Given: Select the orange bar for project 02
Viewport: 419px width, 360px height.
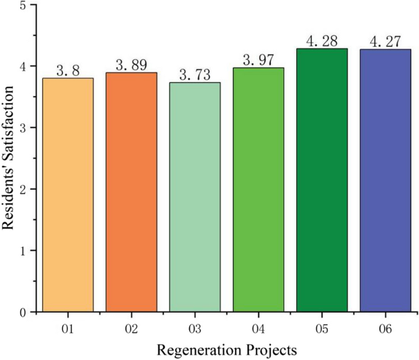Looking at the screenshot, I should click(x=131, y=192).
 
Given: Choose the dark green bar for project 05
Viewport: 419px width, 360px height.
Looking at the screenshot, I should click(x=322, y=180).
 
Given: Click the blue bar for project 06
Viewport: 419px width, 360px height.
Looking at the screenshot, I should click(x=385, y=181).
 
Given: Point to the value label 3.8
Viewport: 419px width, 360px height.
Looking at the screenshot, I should click(x=67, y=70).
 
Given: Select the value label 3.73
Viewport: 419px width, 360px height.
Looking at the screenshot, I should click(x=195, y=75).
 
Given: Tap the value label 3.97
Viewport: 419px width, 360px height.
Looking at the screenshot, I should click(x=258, y=60).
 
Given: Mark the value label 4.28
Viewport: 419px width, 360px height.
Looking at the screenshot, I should click(x=322, y=41).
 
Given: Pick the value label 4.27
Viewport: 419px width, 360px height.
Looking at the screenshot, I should click(x=385, y=42).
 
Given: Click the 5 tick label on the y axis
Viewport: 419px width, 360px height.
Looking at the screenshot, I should click(x=23, y=5).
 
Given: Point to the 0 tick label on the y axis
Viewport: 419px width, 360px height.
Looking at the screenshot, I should click(x=23, y=312).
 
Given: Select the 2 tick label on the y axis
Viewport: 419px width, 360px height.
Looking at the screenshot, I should click(x=23, y=189).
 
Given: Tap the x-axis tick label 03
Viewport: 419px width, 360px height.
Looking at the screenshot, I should click(x=195, y=329).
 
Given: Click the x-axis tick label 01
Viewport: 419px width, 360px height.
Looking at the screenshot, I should click(x=68, y=329).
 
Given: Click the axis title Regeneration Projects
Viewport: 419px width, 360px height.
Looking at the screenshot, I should click(x=226, y=350).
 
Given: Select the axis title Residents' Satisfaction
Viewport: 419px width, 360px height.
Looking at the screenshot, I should click(x=9, y=159).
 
